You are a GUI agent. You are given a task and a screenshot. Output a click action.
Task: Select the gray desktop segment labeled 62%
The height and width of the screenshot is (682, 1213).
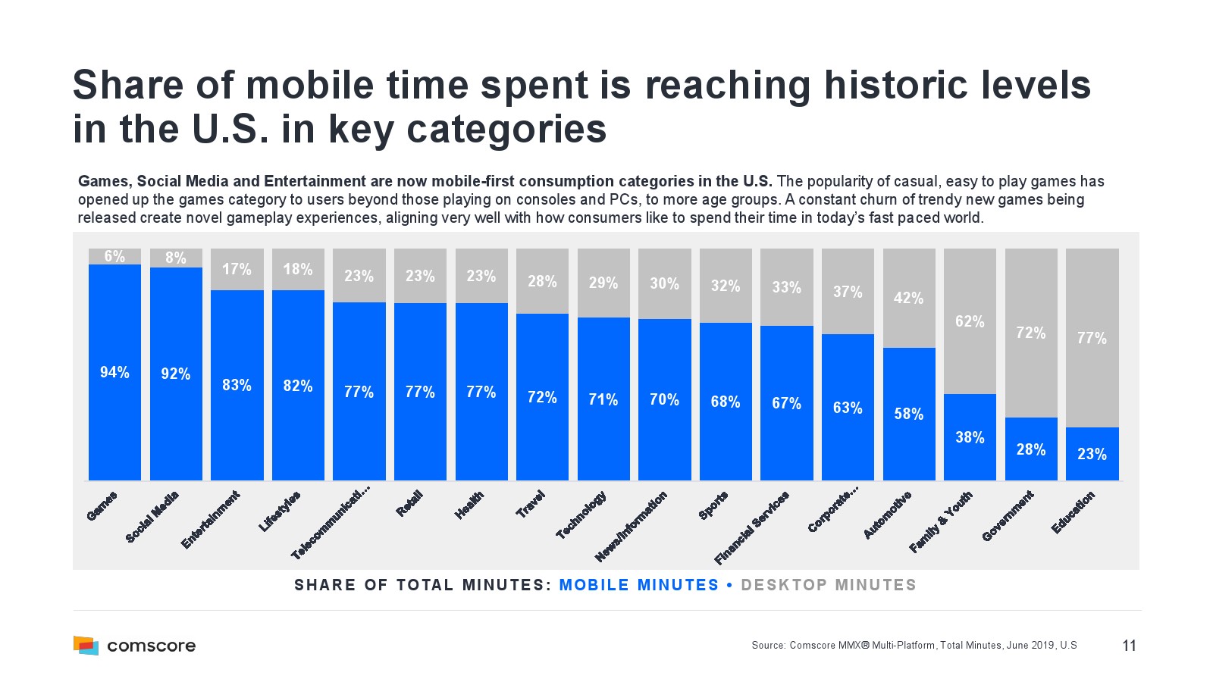[970, 321]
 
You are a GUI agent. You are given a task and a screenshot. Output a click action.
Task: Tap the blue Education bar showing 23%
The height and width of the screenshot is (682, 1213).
[1092, 454]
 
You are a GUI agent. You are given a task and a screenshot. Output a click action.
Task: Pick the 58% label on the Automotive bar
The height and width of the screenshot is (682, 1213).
[908, 414]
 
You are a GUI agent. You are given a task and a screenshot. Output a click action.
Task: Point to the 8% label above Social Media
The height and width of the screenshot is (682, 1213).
[176, 258]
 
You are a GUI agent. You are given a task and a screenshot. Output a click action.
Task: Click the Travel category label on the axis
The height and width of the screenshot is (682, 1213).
[531, 504]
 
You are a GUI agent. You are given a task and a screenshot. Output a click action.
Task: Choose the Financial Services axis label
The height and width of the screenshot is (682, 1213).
[751, 527]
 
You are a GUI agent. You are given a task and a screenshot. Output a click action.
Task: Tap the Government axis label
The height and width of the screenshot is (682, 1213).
[1008, 516]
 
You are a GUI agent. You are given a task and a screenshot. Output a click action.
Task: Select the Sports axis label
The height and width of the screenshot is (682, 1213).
[713, 505]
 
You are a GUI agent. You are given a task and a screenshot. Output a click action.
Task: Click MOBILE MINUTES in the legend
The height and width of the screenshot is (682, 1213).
[638, 585]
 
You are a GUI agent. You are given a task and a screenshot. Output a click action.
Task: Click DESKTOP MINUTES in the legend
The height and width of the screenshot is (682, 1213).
[828, 585]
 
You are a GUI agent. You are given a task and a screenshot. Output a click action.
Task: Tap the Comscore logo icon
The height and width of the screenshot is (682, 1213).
[86, 646]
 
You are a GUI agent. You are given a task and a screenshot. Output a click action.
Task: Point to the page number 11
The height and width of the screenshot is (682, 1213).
[1129, 646]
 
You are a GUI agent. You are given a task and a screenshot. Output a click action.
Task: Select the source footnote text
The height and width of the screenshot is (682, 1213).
[914, 646]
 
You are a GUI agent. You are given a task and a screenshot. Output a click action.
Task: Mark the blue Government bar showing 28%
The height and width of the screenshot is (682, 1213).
[1031, 449]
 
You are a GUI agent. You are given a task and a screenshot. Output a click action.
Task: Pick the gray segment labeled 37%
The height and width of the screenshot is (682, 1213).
[848, 292]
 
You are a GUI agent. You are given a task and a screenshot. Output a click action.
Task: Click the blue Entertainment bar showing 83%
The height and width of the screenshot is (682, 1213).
[237, 385]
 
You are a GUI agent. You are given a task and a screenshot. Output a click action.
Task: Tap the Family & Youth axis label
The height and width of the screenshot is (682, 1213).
[940, 522]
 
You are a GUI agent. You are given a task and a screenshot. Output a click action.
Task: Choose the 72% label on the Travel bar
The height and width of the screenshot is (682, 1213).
[542, 397]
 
